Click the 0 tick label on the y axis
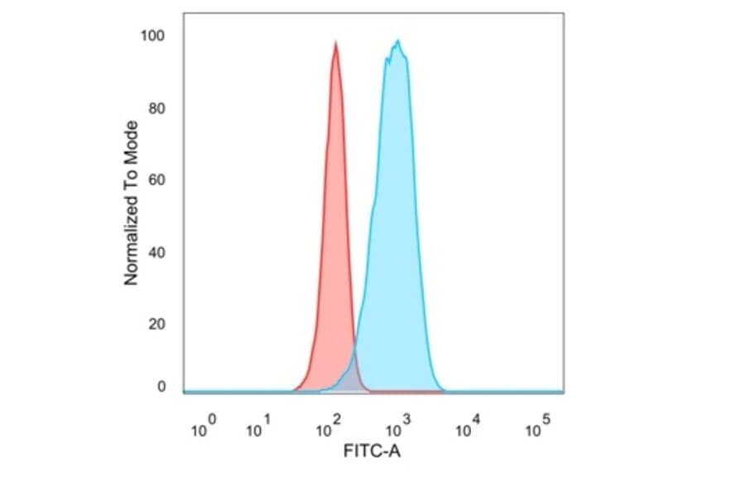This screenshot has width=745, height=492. [x=161, y=387]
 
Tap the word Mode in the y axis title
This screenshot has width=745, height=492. [x=131, y=139]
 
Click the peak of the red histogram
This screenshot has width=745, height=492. [x=335, y=43]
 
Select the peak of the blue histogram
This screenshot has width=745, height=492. [x=398, y=41]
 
